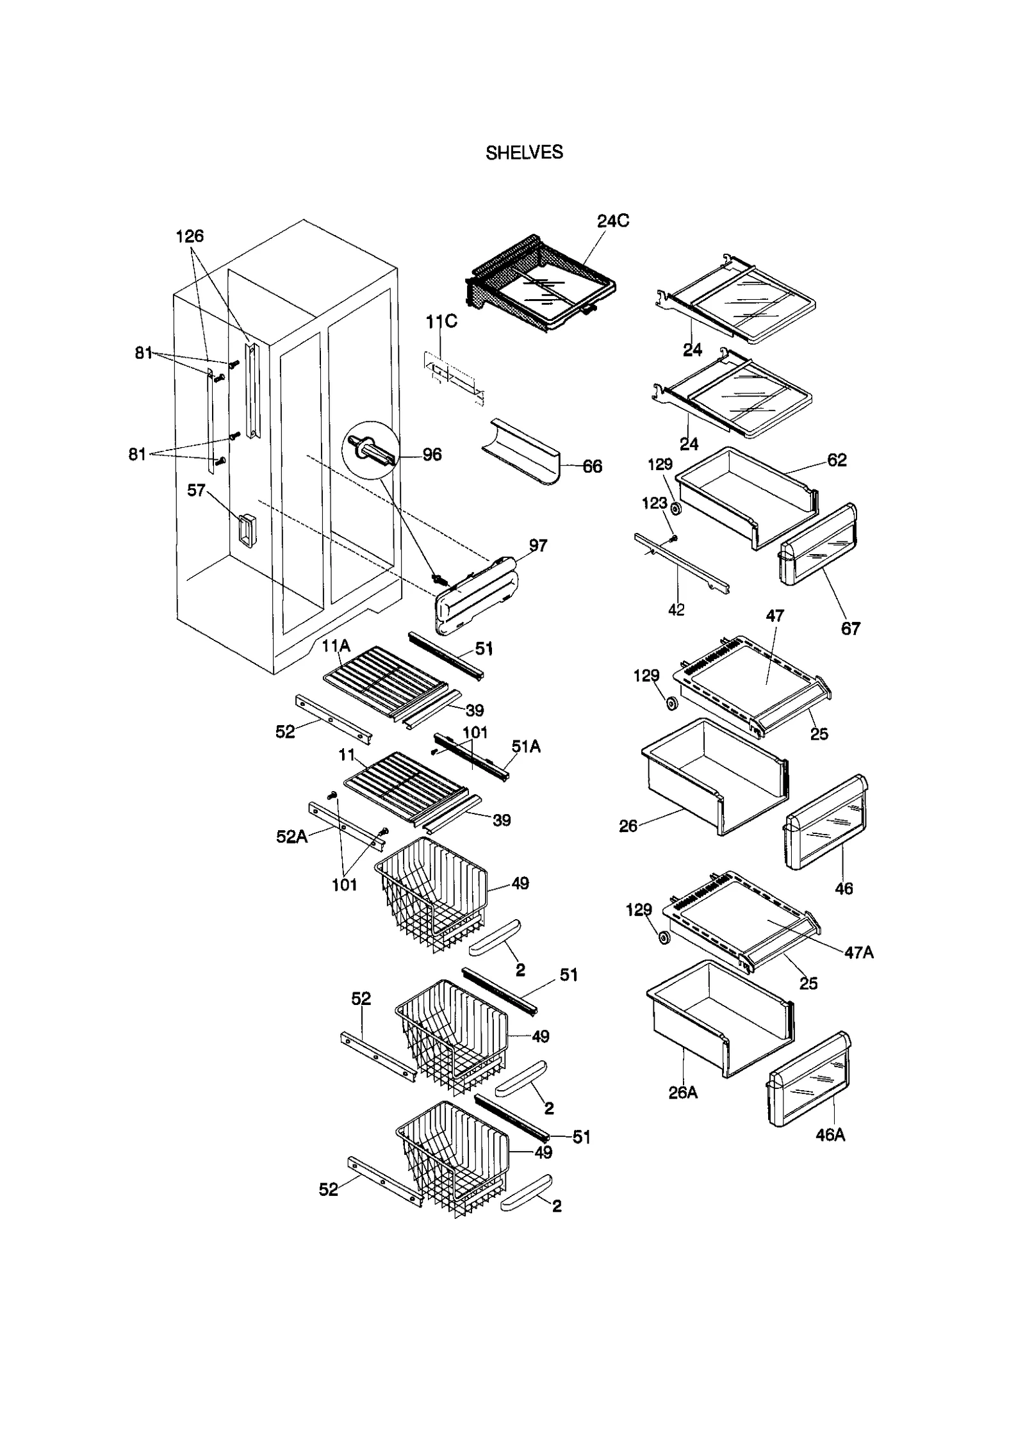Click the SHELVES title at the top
click(524, 152)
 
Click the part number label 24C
click(613, 221)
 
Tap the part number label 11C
click(441, 322)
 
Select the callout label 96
click(432, 455)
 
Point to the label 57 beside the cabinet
click(196, 491)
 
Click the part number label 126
click(190, 236)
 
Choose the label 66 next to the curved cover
click(592, 467)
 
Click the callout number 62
click(837, 461)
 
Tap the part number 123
click(655, 503)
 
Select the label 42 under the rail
click(676, 610)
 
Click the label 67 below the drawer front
click(850, 628)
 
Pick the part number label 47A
click(858, 952)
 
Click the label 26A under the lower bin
click(683, 1093)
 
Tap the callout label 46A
click(830, 1135)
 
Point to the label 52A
click(291, 837)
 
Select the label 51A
click(526, 746)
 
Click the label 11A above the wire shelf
click(336, 646)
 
